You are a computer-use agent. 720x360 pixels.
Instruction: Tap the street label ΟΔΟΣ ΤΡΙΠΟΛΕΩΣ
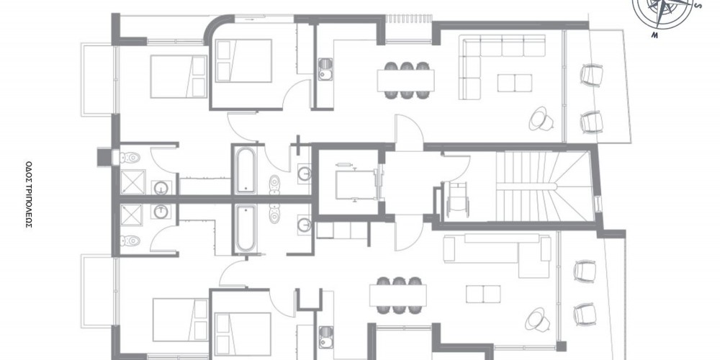(x=29, y=194)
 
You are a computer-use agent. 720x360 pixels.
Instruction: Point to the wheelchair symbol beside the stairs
(x=456, y=199)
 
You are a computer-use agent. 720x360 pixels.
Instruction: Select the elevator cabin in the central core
(x=356, y=182)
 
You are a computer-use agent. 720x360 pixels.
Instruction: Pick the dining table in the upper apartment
(x=405, y=81)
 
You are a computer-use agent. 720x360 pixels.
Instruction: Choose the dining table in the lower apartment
(x=398, y=295)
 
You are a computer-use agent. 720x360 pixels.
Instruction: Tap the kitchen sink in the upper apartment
(x=325, y=69)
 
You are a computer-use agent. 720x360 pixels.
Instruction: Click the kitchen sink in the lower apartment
(x=325, y=337)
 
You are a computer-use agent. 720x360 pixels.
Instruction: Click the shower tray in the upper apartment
(x=132, y=182)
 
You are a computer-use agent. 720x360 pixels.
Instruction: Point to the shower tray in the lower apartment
(x=132, y=216)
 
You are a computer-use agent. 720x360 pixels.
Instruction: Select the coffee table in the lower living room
(x=483, y=294)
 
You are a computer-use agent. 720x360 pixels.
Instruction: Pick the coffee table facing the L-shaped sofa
(x=515, y=83)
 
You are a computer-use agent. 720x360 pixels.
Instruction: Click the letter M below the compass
(x=654, y=35)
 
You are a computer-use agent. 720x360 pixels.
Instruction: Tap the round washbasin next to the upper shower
(x=161, y=187)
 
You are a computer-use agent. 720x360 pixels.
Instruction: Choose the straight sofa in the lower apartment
(x=498, y=249)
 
